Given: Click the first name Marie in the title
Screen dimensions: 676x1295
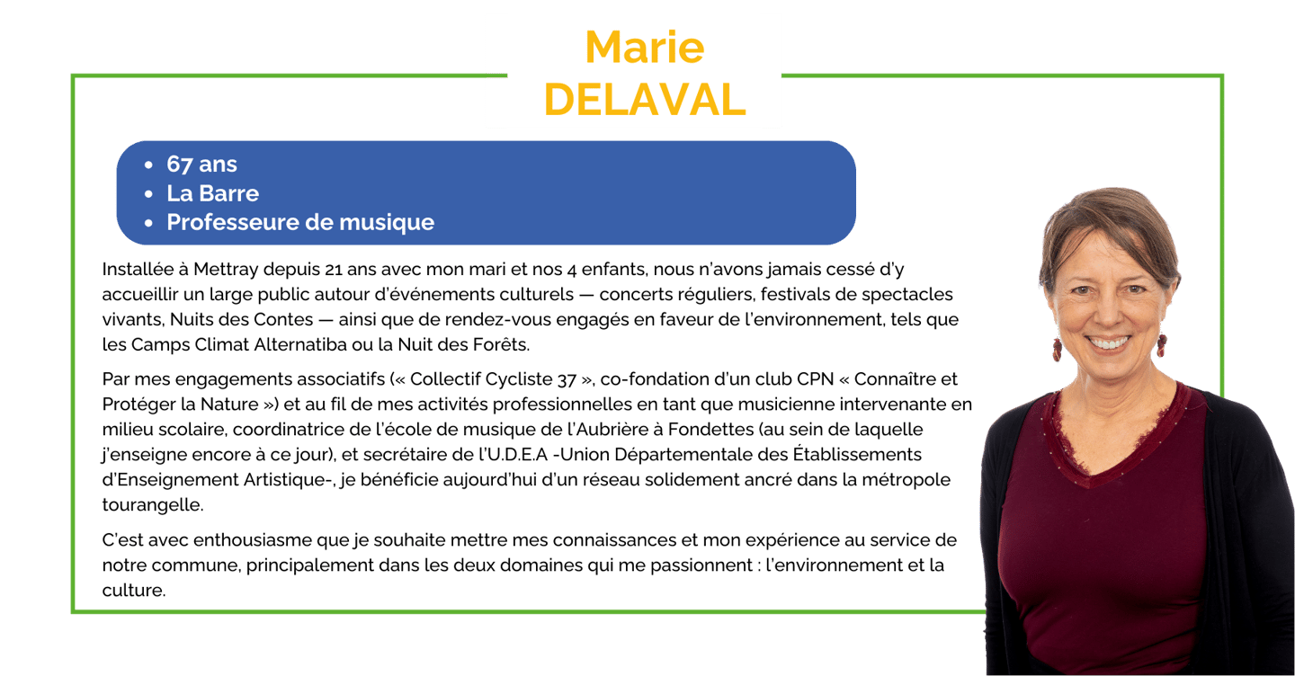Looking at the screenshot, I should [644, 47].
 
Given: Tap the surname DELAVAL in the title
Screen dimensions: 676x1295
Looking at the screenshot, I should [645, 99].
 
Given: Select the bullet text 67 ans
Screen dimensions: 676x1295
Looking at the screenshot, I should [201, 165].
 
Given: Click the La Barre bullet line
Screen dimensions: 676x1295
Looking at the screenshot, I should [212, 193].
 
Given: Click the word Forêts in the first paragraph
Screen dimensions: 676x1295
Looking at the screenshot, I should [505, 343].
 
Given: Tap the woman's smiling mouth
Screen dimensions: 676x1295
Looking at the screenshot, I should [1112, 342].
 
